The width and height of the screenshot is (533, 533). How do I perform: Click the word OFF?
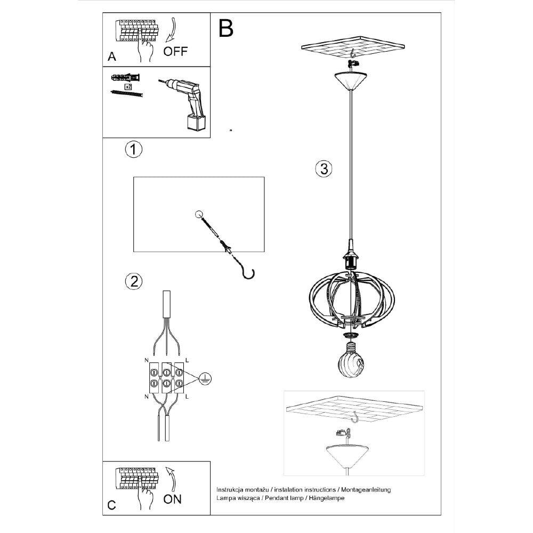point(175,51)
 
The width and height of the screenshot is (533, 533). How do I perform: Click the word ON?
point(172,499)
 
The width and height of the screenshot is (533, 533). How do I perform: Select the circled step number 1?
point(134,150)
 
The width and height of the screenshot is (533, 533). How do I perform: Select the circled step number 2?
point(134,281)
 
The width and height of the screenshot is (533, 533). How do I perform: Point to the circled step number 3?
point(324,169)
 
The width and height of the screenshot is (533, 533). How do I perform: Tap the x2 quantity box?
point(128,87)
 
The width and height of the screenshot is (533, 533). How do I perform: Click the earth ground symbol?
point(205,378)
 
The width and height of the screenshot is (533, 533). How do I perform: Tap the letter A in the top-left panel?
point(112,56)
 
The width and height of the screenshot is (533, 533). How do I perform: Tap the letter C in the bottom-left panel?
point(111,505)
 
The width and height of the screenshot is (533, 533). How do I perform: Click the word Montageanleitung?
point(366,490)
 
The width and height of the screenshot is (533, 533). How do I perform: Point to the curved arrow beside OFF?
point(172,30)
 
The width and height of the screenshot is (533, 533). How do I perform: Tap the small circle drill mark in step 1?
point(199,214)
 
